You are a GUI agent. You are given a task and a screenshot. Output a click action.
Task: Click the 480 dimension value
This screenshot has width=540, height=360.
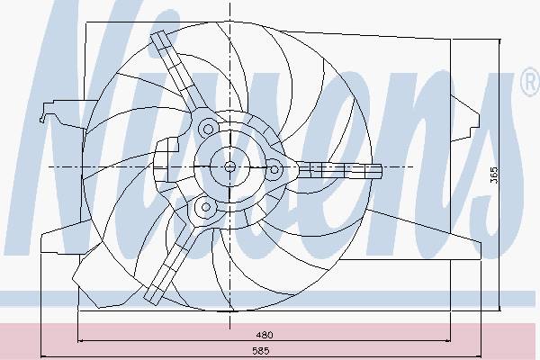point(265,335)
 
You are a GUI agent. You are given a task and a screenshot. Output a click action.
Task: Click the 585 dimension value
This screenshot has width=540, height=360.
point(261,351)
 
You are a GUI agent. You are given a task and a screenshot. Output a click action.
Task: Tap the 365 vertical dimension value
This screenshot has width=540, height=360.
point(494,175)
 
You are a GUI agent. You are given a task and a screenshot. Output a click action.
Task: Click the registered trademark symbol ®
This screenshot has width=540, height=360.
point(530,82)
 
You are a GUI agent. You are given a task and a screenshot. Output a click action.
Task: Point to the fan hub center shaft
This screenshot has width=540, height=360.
point(229,167)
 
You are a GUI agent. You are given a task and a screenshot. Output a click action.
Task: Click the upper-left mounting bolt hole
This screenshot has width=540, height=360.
point(208,130)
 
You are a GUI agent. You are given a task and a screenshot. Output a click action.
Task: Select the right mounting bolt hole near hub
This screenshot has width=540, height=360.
point(274,169)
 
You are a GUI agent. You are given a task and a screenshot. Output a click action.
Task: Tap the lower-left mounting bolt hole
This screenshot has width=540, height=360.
point(205,207)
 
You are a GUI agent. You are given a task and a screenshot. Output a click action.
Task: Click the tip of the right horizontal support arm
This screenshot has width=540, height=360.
point(381,171)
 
